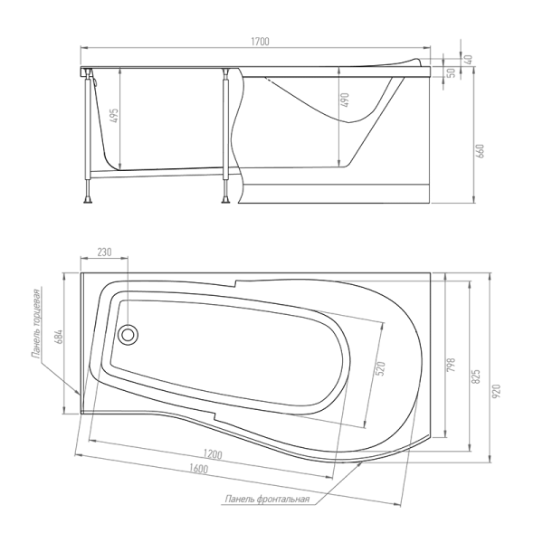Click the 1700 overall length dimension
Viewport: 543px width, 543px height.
point(260,42)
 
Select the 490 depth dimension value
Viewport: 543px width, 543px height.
point(346,100)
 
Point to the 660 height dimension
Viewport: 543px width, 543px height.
point(481,151)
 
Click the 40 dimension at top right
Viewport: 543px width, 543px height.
point(468,59)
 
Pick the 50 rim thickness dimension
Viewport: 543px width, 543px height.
point(451,73)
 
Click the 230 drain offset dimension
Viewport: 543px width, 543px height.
point(104,252)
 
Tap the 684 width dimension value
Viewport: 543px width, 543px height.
point(59,337)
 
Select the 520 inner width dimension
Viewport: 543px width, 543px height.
point(380,369)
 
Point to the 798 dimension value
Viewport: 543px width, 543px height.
point(452,366)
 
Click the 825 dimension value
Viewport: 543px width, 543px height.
point(476,376)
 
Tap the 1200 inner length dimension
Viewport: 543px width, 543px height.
point(213,454)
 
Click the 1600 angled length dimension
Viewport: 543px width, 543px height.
point(199,469)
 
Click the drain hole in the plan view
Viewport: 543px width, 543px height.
point(128,335)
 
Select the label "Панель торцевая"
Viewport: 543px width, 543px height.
point(36,322)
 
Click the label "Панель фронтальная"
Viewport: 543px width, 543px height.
point(267,499)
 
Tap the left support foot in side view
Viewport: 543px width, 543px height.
point(88,199)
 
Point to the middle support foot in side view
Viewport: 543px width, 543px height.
point(225,199)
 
